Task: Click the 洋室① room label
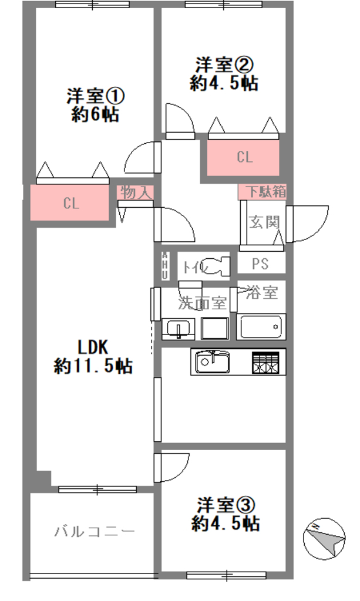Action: tap(96, 96)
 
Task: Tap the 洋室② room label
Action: tap(225, 65)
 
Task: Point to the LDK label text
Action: tap(93, 347)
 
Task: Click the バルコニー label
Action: tap(95, 532)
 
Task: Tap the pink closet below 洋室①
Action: tap(69, 203)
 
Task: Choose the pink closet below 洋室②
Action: tap(243, 157)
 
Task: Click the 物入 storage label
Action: tap(135, 193)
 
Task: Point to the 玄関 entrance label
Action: tap(264, 222)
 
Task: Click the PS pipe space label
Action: tap(260, 264)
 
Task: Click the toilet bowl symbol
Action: tap(218, 265)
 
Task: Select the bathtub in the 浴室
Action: tap(261, 326)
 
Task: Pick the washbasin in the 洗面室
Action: tap(179, 329)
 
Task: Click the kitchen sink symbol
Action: tap(213, 362)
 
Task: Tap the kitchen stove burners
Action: tap(265, 363)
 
